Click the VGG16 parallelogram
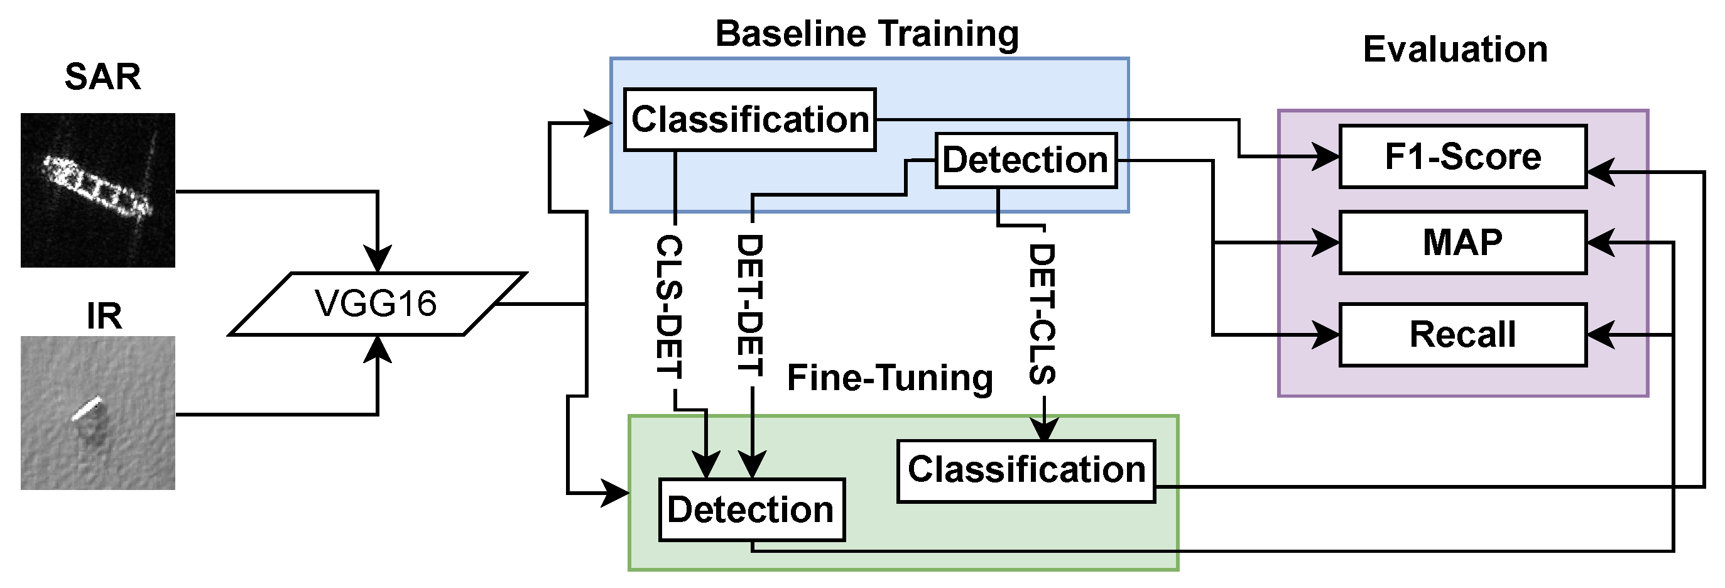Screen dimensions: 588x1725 tap(377, 303)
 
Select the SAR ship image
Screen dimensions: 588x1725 tap(98, 190)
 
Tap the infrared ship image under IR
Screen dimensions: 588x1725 tap(98, 413)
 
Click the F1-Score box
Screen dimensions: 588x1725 tap(1462, 156)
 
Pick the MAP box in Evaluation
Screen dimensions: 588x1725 tap(1462, 242)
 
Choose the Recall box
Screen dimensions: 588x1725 tap(1462, 335)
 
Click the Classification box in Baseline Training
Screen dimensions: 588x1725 tap(749, 120)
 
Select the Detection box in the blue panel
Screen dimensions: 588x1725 tap(1025, 161)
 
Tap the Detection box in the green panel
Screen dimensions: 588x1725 tap(751, 509)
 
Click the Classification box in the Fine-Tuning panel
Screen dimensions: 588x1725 tap(1026, 471)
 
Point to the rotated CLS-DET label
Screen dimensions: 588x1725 tap(668, 307)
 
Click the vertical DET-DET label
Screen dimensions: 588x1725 tap(750, 305)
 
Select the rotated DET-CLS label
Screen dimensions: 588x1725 tap(1042, 313)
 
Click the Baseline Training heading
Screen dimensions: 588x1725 tap(866, 33)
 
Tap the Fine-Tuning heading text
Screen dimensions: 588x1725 tap(890, 378)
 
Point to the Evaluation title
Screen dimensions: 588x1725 tap(1455, 50)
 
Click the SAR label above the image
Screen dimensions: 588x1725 tap(102, 77)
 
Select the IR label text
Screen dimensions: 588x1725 tap(104, 316)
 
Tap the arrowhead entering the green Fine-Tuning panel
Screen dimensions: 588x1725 tap(616, 493)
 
